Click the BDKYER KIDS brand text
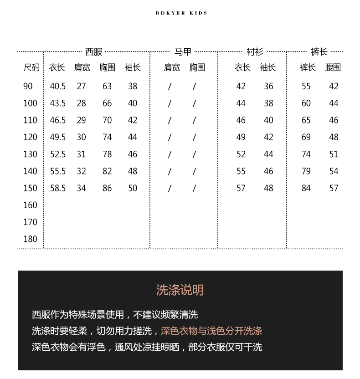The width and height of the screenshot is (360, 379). click(181, 13)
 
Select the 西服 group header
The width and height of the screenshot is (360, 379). click(94, 52)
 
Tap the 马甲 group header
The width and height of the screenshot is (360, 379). click(183, 52)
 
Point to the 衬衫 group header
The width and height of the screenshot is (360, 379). click(255, 52)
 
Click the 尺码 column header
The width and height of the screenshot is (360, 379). click(31, 67)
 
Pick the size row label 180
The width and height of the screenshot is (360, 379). click(30, 239)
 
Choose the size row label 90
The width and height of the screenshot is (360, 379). click(28, 86)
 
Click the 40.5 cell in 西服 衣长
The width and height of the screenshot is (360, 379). click(58, 86)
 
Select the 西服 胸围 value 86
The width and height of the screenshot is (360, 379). click(107, 188)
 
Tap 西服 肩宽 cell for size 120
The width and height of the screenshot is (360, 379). click(81, 137)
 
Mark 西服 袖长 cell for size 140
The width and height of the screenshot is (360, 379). click(133, 171)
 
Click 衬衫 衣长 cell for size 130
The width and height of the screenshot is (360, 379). click(241, 154)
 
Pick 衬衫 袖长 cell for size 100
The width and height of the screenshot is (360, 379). click(269, 103)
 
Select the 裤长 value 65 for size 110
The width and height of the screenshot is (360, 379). click(306, 120)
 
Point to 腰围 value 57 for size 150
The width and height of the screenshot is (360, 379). click(334, 188)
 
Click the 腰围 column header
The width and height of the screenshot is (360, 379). click(333, 67)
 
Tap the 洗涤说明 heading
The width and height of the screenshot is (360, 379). click(180, 290)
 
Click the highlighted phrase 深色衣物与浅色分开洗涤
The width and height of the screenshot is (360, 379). click(211, 331)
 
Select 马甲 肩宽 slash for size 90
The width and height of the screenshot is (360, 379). click(170, 86)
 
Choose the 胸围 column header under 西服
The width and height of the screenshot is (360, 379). click(107, 67)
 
